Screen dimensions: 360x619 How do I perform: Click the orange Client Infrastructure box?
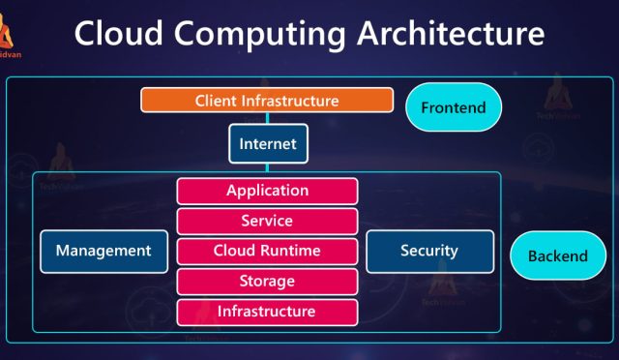tap(267, 101)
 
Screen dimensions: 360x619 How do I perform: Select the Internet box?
tap(268, 145)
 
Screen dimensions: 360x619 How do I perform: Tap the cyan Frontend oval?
tap(454, 107)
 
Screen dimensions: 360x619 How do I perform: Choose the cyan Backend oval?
tap(557, 256)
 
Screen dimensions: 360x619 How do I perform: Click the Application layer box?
tap(267, 191)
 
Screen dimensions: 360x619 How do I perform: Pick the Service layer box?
tap(267, 221)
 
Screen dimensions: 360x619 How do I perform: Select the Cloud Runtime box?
tap(267, 251)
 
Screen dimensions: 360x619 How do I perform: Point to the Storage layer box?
tap(267, 282)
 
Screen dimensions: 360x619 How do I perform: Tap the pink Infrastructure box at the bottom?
tap(267, 312)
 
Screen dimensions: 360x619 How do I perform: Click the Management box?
tap(103, 251)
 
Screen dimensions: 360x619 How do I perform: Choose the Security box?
tap(429, 251)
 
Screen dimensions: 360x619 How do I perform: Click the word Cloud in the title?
tap(122, 36)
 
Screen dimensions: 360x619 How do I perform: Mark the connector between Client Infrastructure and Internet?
tap(268, 118)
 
